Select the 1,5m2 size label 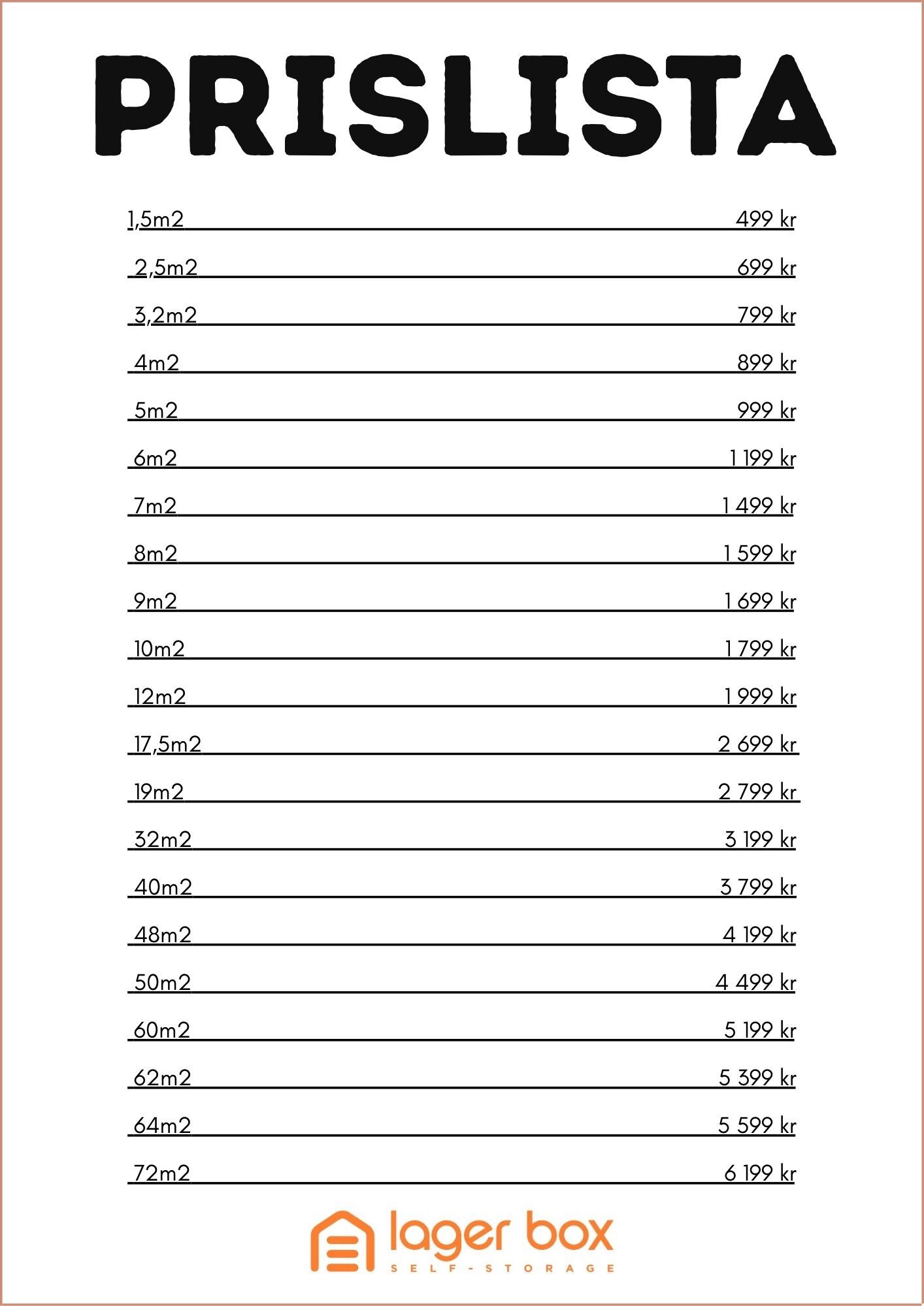[156, 219]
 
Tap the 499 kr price [765, 219]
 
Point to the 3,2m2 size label [165, 315]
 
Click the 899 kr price [766, 363]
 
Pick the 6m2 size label [156, 458]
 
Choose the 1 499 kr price [759, 506]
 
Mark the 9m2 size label [156, 601]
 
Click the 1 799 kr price [760, 649]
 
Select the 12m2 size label [160, 697]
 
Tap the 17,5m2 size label [168, 744]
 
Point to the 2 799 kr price [757, 792]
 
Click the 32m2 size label [163, 840]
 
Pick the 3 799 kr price [757, 887]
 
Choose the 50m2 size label [163, 983]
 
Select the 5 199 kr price [759, 1030]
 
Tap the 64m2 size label [163, 1126]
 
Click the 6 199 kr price [759, 1173]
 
